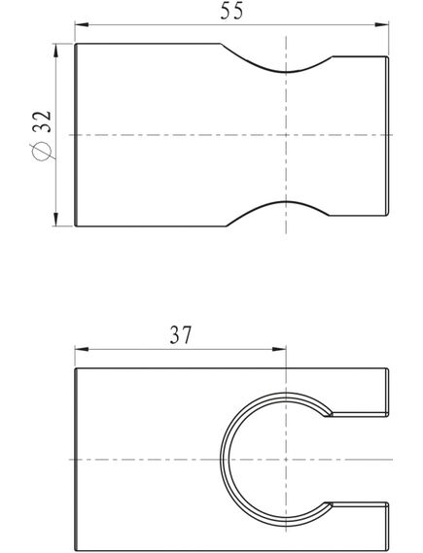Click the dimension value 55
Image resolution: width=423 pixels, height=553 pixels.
(231, 11)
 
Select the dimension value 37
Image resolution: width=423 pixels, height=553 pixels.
(180, 335)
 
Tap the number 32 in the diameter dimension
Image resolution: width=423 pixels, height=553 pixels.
(43, 121)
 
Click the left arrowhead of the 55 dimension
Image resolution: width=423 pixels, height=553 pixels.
(82, 24)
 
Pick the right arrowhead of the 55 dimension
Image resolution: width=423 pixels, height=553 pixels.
(381, 24)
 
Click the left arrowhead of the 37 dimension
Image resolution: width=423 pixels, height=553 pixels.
(82, 349)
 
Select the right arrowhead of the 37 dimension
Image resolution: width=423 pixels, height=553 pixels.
(279, 349)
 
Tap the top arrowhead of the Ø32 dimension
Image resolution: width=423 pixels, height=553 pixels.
(55, 51)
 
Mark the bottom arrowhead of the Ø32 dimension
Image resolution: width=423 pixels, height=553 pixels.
(55, 219)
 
